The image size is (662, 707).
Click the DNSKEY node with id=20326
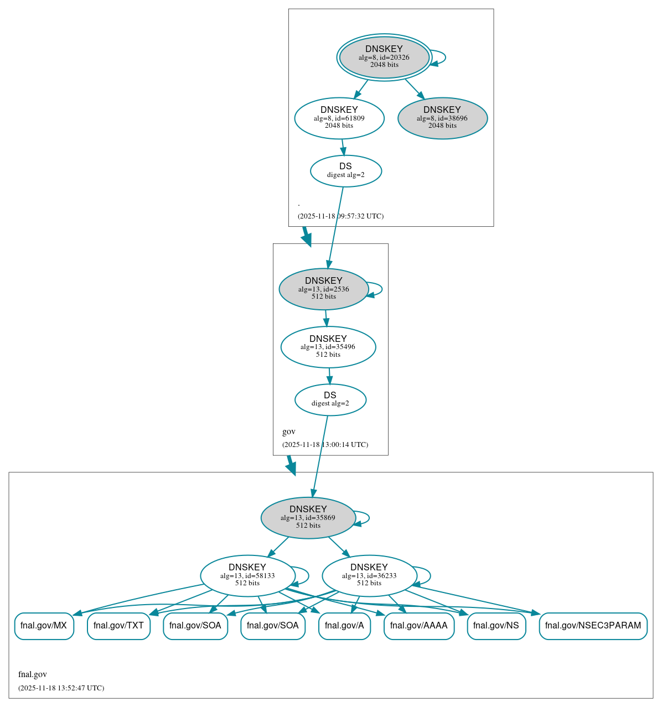click(384, 57)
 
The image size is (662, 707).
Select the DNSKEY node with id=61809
click(339, 118)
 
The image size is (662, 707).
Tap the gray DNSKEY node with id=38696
click(442, 118)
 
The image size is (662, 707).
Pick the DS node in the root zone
click(345, 171)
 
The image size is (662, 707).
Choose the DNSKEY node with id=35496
click(328, 347)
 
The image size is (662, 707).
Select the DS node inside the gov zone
click(330, 399)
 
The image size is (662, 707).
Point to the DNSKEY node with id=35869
click(308, 518)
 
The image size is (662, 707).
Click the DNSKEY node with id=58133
click(247, 576)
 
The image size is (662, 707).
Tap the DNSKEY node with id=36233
click(369, 576)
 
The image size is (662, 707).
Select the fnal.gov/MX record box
click(44, 626)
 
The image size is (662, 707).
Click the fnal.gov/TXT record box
click(118, 626)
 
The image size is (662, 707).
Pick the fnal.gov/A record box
click(344, 626)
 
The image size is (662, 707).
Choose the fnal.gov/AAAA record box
click(418, 626)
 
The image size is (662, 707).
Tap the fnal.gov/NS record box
click(496, 626)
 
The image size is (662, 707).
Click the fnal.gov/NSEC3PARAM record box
click(593, 626)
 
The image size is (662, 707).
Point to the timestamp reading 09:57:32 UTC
click(340, 216)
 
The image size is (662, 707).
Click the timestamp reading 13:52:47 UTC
click(61, 688)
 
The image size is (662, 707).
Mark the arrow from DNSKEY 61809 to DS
click(343, 147)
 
